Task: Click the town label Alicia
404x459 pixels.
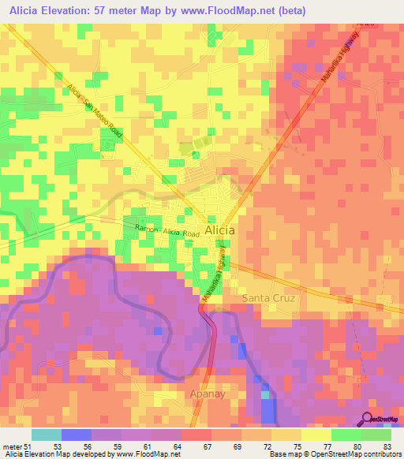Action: pos(219,229)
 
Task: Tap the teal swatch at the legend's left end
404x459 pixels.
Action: pos(46,435)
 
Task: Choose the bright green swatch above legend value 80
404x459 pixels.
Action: pos(346,435)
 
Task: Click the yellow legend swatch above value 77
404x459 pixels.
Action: pos(316,435)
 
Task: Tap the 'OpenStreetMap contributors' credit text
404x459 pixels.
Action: pos(352,454)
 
